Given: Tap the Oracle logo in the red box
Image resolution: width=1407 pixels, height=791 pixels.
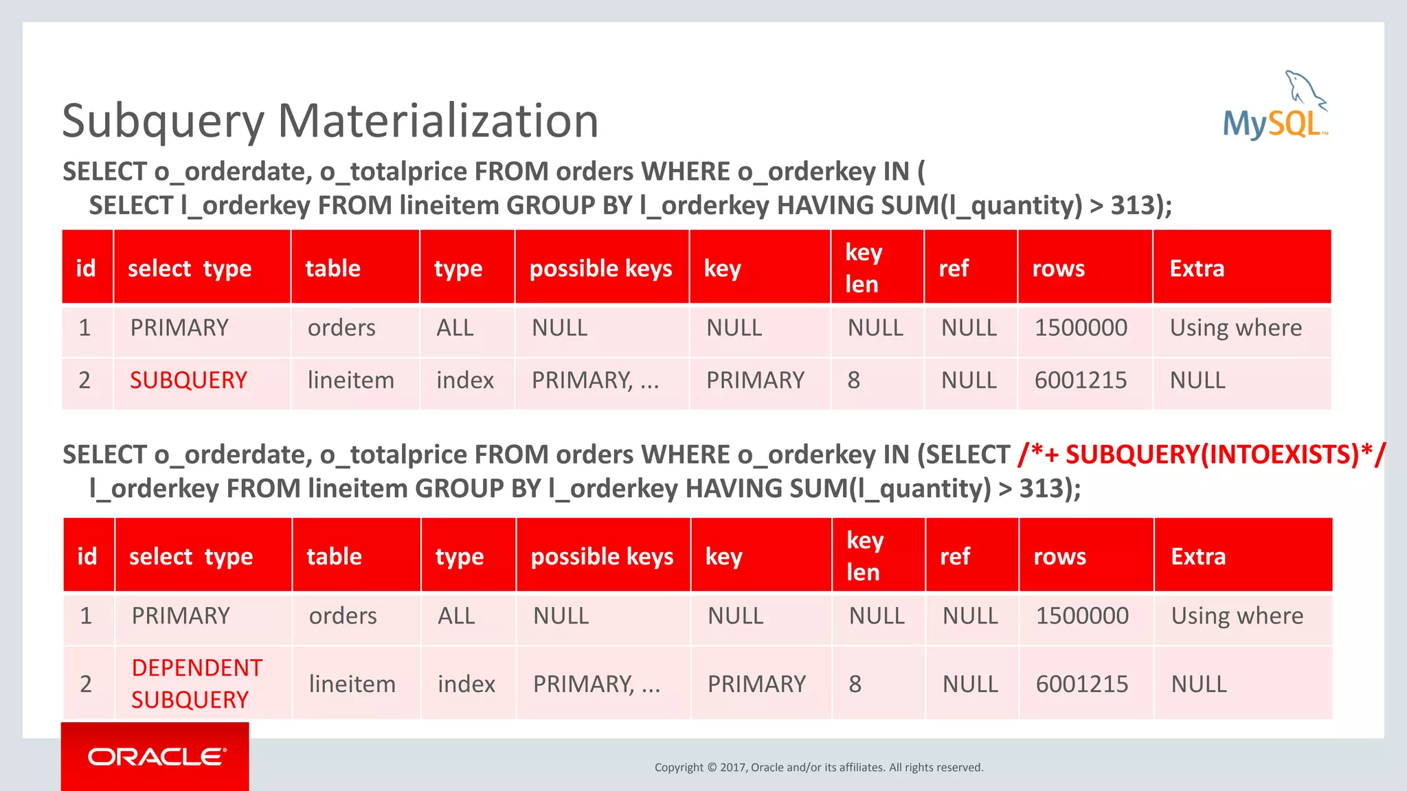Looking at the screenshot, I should [156, 757].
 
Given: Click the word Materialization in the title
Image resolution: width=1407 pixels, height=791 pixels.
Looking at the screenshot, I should [438, 121].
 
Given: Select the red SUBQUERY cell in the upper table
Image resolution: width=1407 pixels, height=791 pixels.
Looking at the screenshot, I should [188, 380].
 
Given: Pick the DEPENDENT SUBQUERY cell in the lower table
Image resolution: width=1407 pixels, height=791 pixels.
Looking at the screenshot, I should [196, 683].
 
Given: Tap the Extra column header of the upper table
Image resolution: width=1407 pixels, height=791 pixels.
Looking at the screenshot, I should [1197, 268].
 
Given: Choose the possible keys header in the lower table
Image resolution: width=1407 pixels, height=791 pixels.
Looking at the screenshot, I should [602, 556].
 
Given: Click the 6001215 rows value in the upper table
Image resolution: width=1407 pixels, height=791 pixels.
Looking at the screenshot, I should [1081, 380].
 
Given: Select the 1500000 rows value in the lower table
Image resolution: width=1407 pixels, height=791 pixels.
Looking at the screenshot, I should [1082, 615].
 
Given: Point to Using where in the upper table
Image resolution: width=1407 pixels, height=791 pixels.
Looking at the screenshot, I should [1235, 328].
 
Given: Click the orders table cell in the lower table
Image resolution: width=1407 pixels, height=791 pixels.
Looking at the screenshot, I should [343, 615].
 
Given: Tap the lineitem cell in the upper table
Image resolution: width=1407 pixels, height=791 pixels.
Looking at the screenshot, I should [350, 380].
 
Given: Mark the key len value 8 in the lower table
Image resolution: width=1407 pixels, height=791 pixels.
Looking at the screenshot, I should [855, 684].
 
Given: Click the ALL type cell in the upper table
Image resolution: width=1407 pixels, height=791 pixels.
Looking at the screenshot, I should [455, 328].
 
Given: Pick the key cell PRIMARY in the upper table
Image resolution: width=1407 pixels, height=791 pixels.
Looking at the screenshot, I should [755, 380].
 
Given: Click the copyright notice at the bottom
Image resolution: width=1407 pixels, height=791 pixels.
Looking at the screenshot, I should [818, 767].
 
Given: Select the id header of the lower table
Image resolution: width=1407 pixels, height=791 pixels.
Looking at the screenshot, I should [87, 556].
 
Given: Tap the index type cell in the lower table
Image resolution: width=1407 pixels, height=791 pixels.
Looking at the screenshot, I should [466, 684].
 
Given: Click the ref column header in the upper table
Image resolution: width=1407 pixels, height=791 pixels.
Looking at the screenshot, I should [954, 268].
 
